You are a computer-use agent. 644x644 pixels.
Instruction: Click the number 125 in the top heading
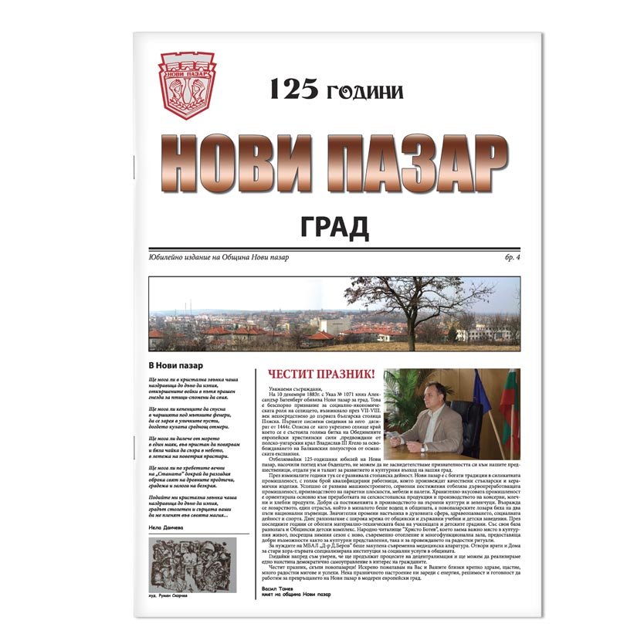tap(293, 90)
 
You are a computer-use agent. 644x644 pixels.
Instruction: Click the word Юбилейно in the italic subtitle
tap(168, 256)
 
